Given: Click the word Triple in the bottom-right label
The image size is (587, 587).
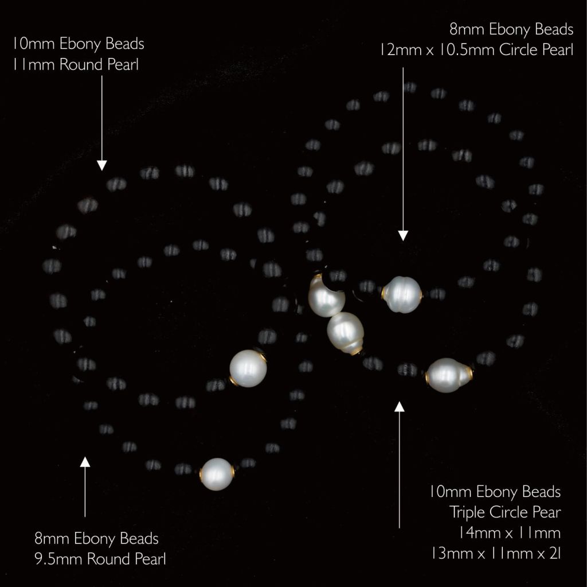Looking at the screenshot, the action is tap(467, 513).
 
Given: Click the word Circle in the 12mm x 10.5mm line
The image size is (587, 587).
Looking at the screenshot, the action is tap(519, 50).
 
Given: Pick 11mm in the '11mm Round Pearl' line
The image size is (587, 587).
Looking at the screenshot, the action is tap(34, 64).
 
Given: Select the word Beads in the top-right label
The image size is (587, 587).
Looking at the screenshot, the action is tap(554, 29).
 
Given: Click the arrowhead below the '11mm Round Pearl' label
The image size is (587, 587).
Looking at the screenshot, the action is tap(102, 165).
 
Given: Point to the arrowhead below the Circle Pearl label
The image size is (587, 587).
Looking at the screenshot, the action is tap(403, 235).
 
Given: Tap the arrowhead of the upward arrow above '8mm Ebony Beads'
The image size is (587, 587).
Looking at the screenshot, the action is tap(85, 462).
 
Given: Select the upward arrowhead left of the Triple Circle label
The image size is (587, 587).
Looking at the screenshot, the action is tap(400, 406).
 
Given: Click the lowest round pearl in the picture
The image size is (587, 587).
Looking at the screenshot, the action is tap(217, 474).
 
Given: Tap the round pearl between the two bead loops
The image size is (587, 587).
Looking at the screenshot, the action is tap(248, 368).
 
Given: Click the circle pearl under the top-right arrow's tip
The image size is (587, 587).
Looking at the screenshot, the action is tap(402, 294).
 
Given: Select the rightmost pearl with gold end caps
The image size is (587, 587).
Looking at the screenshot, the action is tap(448, 375).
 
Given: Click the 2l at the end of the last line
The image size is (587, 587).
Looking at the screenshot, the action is tap(555, 553).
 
